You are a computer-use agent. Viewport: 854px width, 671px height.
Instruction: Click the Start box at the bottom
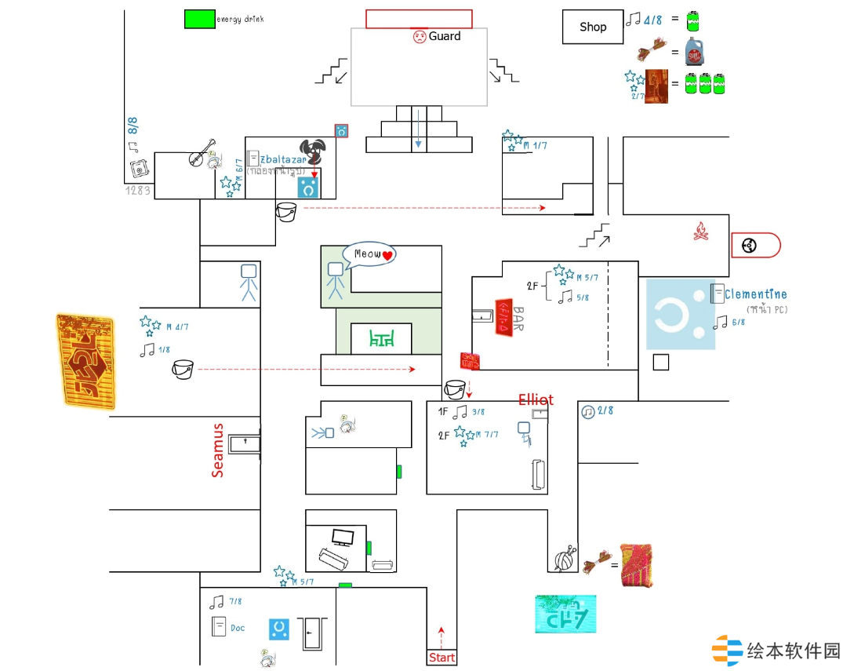(442, 658)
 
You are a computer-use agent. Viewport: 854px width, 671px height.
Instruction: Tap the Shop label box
(593, 27)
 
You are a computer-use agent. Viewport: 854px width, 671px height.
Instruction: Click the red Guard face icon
(420, 36)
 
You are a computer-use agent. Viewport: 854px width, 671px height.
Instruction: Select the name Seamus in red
(218, 450)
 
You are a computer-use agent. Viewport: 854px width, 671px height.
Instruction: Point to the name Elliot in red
(536, 399)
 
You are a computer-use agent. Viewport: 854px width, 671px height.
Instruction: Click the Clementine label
(755, 294)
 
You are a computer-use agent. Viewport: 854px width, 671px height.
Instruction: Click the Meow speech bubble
(369, 254)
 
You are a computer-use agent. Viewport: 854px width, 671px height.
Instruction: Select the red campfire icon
(701, 231)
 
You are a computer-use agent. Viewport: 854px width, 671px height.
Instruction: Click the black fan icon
(312, 150)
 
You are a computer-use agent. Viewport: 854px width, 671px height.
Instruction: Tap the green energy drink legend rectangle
(199, 19)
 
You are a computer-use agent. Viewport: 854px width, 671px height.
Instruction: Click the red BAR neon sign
(503, 317)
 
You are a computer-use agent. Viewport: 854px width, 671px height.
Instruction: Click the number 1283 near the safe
(137, 190)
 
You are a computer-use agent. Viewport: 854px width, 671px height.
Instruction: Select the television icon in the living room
(343, 538)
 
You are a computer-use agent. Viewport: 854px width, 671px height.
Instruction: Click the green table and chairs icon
(380, 339)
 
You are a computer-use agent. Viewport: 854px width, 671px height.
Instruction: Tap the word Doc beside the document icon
(238, 628)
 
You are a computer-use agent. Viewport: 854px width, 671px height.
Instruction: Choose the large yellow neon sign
(85, 361)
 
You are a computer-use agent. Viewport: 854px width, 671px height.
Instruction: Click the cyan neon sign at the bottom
(565, 614)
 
